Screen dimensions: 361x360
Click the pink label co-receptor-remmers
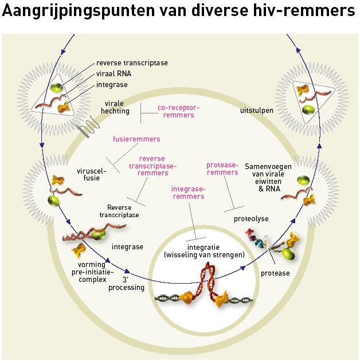pos(178,111)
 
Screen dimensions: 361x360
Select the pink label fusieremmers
pos(136,139)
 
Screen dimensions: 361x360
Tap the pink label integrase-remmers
pos(188,192)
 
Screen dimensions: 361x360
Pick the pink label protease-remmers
pos(222,168)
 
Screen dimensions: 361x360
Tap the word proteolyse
pos(251,218)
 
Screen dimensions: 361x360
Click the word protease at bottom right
pos(276,273)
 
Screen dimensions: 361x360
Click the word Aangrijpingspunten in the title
pos(77,12)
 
